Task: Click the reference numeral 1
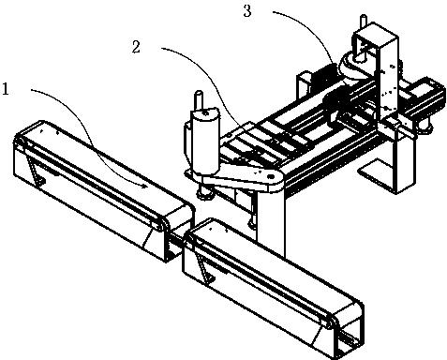pos(6,89)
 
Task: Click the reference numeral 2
pos(136,48)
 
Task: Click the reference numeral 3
pos(247,11)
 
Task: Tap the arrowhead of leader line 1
pos(145,187)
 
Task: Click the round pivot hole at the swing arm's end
pos(271,177)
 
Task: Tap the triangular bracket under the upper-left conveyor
pos(35,169)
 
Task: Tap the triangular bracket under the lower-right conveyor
pos(205,267)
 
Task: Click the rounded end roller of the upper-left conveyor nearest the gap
pos(164,224)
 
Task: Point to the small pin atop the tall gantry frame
pos(363,22)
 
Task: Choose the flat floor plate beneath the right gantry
pos(374,175)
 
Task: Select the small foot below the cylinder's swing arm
pos(205,195)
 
